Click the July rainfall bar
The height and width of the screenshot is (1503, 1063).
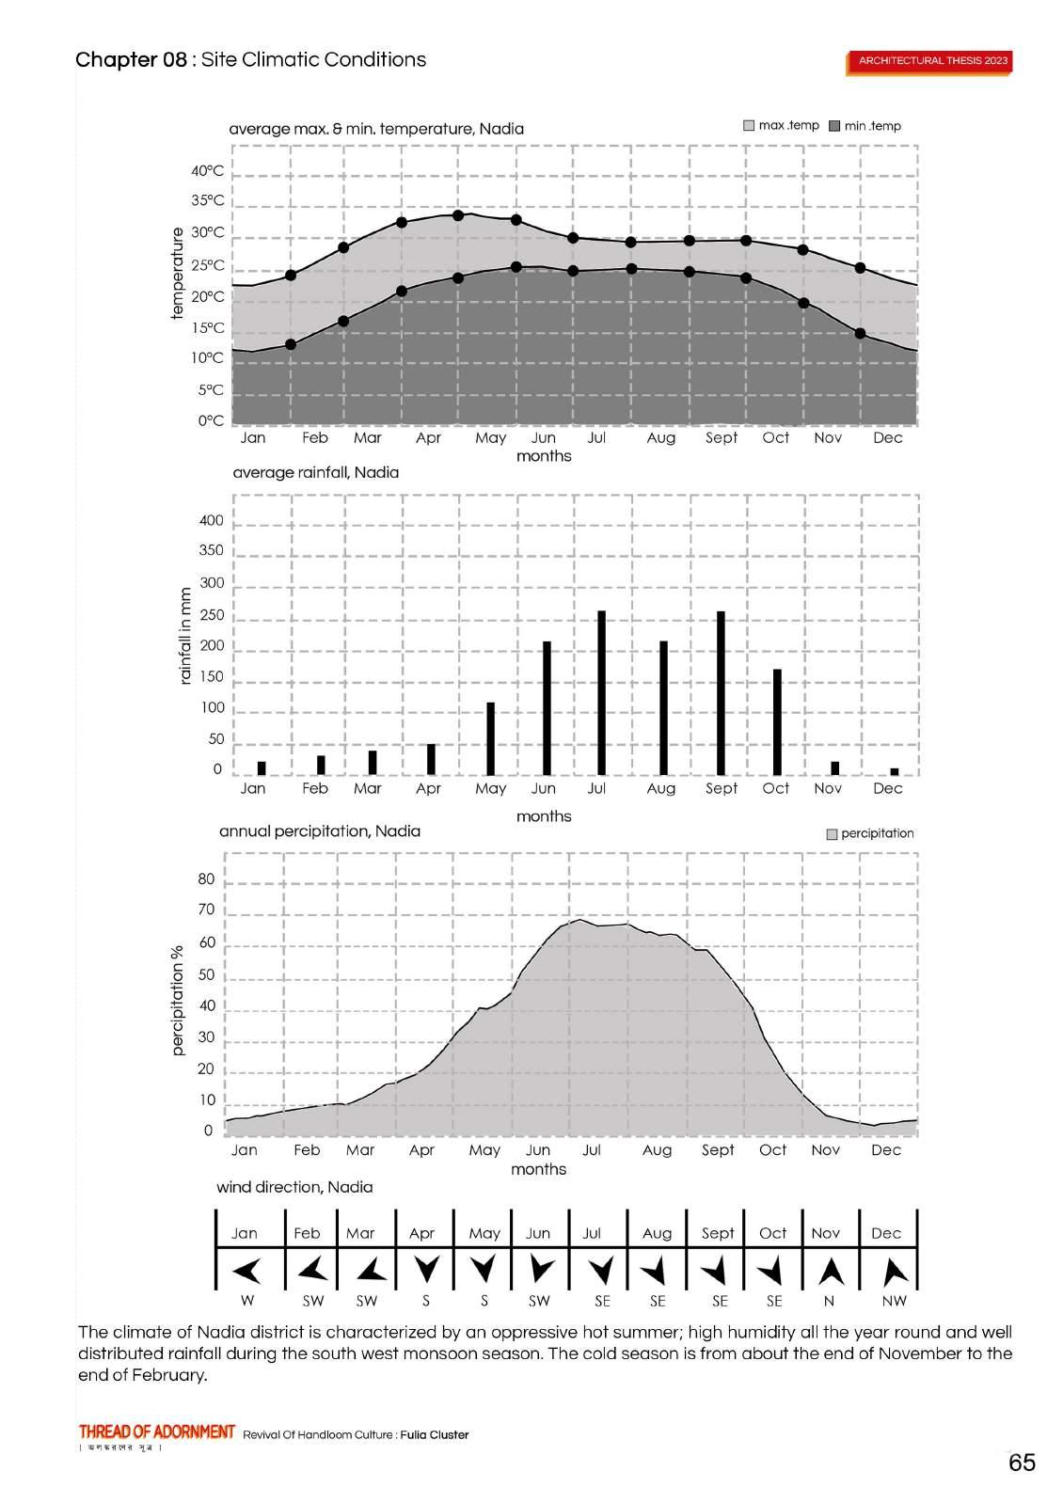click(601, 692)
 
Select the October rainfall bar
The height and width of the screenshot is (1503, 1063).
click(777, 721)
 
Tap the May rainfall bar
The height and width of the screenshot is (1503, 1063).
click(490, 738)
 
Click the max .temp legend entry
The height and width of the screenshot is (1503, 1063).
click(781, 126)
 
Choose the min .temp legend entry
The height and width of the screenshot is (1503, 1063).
click(865, 126)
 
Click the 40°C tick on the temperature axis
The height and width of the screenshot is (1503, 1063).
click(208, 171)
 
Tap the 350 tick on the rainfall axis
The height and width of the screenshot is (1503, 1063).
click(212, 551)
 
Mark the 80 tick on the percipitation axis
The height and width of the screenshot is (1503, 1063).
click(206, 880)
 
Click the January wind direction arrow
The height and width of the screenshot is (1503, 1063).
click(246, 1272)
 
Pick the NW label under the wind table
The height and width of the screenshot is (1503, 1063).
click(894, 1302)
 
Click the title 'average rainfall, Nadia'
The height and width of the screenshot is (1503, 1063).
click(315, 472)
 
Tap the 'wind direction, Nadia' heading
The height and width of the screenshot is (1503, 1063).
click(294, 1187)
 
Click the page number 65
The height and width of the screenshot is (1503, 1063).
click(1022, 1463)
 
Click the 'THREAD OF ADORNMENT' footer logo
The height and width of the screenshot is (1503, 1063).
click(157, 1432)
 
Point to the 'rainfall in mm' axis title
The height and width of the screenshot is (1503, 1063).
click(185, 636)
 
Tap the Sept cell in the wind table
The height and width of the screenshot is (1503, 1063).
click(718, 1233)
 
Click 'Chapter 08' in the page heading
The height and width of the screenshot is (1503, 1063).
click(131, 60)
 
